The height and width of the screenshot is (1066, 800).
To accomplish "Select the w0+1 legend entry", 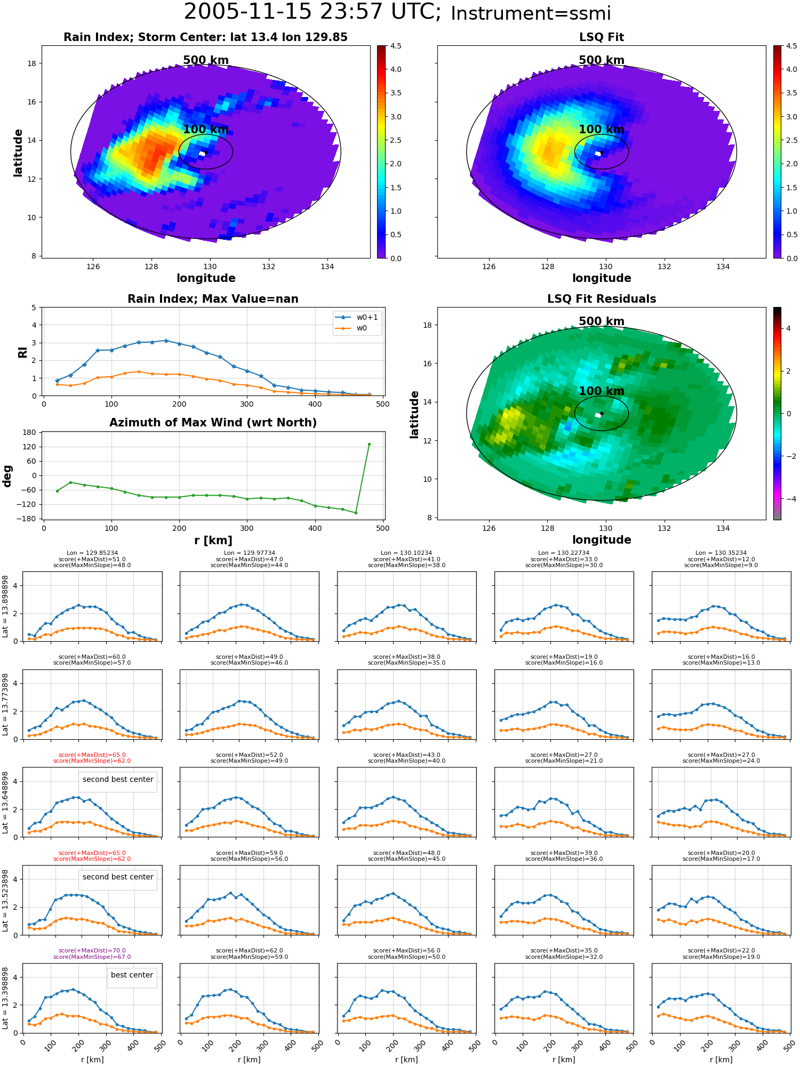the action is click(357, 317).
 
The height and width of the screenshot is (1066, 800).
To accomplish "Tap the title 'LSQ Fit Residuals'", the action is click(602, 299).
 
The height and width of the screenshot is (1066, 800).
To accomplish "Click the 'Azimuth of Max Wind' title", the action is click(213, 423).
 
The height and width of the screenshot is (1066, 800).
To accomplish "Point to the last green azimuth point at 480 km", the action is click(369, 444).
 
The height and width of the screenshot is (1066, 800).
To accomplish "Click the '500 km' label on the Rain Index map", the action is click(206, 60).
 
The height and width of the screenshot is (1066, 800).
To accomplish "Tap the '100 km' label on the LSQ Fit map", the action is click(602, 129).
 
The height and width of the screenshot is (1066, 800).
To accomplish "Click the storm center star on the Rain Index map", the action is click(206, 152).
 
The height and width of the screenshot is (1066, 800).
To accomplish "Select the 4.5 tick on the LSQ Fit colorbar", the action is click(791, 46).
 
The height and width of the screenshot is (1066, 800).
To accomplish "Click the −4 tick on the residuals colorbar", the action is click(788, 499).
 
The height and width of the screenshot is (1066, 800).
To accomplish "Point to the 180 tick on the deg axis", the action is click(30, 433).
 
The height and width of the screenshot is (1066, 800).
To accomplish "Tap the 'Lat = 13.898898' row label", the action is click(5, 606).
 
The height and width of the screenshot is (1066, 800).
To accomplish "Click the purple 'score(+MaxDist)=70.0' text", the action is click(92, 950).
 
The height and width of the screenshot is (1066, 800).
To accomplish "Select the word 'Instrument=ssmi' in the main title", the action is click(531, 13).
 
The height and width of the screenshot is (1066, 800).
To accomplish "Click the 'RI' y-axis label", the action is click(23, 352).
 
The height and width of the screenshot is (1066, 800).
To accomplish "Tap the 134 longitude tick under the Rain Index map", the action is click(327, 266).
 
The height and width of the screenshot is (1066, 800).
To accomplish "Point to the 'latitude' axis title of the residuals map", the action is click(414, 414).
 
